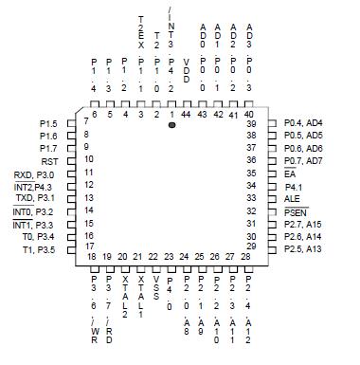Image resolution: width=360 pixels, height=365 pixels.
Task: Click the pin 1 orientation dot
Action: tap(172, 124)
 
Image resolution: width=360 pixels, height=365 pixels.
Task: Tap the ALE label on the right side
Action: tap(292, 199)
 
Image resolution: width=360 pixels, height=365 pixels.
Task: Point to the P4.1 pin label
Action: tap(294, 187)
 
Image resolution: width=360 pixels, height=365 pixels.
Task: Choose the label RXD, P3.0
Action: tap(35, 174)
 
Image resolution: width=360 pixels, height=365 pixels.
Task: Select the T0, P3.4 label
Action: tap(40, 236)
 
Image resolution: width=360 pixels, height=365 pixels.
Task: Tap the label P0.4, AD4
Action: tap(303, 124)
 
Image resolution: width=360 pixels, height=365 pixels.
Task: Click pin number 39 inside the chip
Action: tap(251, 124)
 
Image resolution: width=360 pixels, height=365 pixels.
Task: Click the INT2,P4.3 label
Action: tap(35, 187)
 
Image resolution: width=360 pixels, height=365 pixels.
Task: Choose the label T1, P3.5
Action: tap(40, 248)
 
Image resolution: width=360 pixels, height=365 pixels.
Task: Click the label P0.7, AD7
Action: tap(303, 161)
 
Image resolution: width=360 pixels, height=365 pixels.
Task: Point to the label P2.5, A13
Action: tap(303, 248)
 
